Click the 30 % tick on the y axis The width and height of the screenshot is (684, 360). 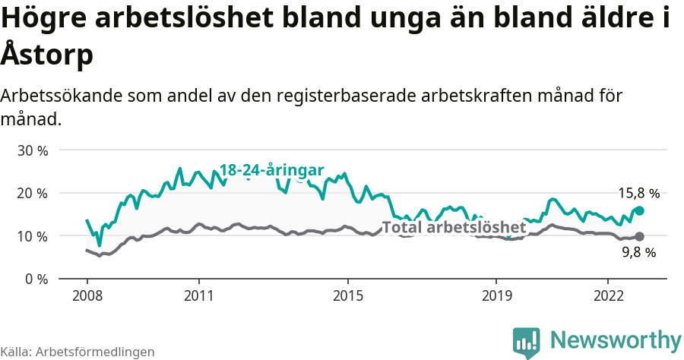tap(33, 150)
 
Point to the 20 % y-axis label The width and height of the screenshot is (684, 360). tap(33, 193)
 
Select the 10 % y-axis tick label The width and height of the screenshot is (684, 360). tap(33, 236)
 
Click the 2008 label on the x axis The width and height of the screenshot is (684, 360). tap(87, 295)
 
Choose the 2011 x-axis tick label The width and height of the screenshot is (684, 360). tap(198, 295)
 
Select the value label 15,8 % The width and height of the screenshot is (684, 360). tap(637, 194)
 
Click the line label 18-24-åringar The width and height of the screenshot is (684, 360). tap(272, 171)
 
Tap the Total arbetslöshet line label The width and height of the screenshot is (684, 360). tap(454, 227)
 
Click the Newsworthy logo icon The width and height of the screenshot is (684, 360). tap(527, 342)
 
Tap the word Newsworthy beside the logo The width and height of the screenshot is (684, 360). tap(616, 339)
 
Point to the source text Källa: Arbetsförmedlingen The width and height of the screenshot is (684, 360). tap(78, 352)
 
